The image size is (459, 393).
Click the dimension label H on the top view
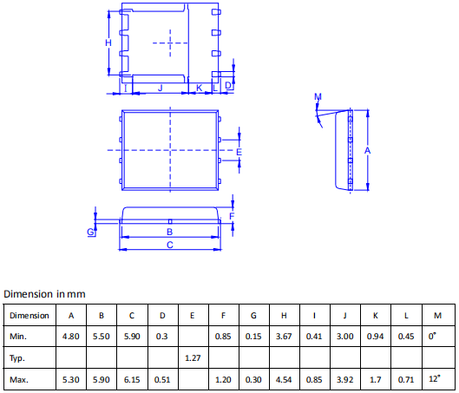point(108,43)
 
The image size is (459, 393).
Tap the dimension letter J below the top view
point(161,88)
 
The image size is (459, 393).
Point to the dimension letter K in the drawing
point(199,88)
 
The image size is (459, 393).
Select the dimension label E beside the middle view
point(239,152)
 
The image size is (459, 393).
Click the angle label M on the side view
point(318,96)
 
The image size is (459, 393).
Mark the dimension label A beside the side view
point(367,151)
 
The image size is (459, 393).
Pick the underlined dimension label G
point(90,232)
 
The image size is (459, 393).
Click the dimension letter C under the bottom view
point(170,245)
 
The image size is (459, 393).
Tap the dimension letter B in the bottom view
point(169,232)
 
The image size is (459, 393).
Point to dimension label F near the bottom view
point(232,216)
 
